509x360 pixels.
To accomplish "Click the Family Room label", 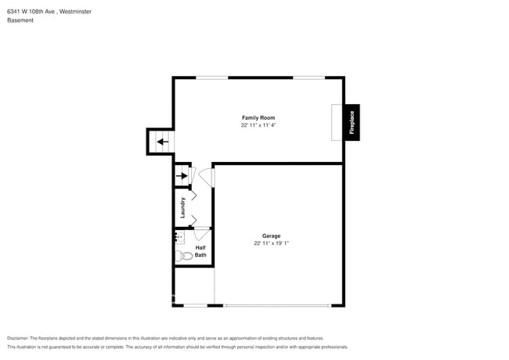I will click(x=258, y=117).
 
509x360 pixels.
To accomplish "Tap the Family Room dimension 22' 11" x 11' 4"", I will click(x=258, y=124).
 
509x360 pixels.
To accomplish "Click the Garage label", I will click(x=271, y=236).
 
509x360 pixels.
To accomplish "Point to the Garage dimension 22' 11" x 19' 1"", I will click(x=271, y=243).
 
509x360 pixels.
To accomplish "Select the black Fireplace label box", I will click(x=352, y=123).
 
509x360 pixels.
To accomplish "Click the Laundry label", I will click(x=182, y=207).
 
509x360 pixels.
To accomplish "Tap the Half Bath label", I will click(x=200, y=251).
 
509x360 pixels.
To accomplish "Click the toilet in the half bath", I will click(x=185, y=255).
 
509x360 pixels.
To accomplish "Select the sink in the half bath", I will click(x=179, y=236).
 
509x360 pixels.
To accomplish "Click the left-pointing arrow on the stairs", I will click(x=161, y=142).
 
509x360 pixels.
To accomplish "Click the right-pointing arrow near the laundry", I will click(x=182, y=176).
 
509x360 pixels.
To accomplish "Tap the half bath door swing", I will click(x=200, y=232).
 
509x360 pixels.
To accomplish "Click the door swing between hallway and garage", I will click(x=204, y=178).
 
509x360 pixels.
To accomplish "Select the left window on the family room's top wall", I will click(x=211, y=77).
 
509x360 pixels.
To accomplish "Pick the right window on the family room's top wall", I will click(x=309, y=77).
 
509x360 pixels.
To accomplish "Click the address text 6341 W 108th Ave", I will click(x=31, y=11).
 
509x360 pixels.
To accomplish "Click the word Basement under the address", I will click(x=20, y=20).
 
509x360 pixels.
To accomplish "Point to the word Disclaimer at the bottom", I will click(x=20, y=337).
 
